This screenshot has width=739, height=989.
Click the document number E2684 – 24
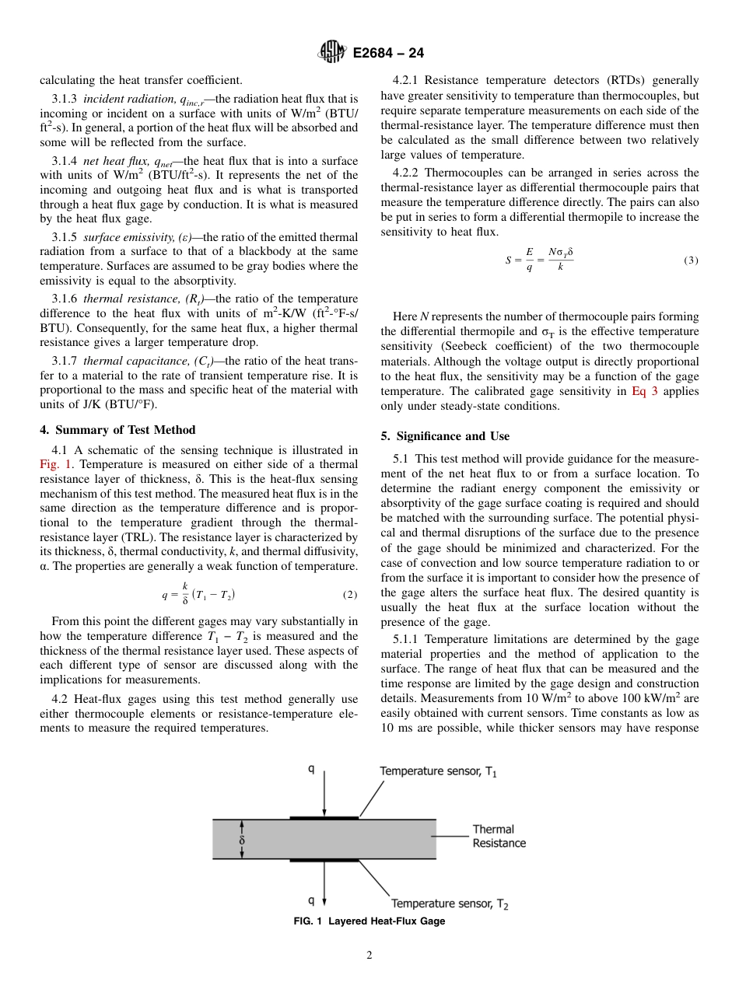[388, 54]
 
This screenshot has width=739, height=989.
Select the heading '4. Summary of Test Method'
[117, 430]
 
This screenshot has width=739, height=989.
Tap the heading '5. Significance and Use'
[445, 435]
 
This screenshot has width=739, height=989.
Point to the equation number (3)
[691, 260]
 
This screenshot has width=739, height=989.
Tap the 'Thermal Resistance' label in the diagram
[499, 837]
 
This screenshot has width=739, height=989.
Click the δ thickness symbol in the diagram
[241, 840]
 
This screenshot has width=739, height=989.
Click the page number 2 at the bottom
[369, 956]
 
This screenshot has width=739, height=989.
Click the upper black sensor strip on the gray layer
[324, 817]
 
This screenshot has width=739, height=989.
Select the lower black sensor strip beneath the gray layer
[324, 861]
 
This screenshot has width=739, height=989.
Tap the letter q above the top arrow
[311, 770]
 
